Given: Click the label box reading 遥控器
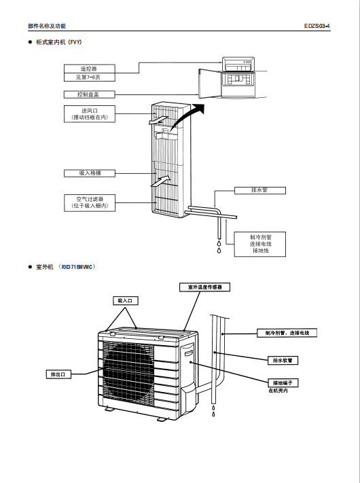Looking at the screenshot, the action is coord(89,69).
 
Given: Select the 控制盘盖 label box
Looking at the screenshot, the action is coord(89,94).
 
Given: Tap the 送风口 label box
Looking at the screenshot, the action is coord(90,114).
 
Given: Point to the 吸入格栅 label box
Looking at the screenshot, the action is coord(90,173).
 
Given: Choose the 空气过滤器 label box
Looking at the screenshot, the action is coord(90,202).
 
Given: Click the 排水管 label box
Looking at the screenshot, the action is coord(260,190).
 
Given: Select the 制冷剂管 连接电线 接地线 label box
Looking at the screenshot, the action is coord(260,245).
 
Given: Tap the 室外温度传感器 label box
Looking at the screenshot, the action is coord(204,287).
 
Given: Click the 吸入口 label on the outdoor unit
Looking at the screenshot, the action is coord(126,301).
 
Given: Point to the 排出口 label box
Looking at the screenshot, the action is coord(58,374).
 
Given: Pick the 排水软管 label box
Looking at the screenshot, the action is coord(283,360).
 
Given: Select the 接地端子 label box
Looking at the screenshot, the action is coord(283,383).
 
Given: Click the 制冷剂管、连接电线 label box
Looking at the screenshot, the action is coord(287,333).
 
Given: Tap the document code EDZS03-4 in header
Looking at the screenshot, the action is coord(317,26).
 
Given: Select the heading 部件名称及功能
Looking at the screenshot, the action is coord(47,26).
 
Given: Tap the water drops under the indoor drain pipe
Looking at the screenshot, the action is coord(219,247).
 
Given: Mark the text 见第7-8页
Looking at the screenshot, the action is coord(89,77).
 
